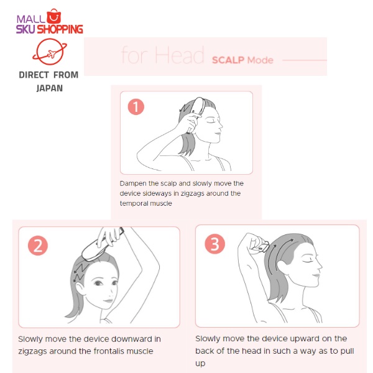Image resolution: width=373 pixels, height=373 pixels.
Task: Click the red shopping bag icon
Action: coord(53,16)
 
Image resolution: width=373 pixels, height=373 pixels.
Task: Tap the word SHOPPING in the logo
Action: coord(60,29)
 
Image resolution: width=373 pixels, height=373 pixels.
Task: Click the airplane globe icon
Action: coord(50,52)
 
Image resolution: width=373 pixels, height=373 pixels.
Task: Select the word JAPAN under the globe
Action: coord(50,88)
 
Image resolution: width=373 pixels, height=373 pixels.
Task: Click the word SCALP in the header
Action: coord(228,60)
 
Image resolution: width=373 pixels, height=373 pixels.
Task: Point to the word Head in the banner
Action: coord(180,55)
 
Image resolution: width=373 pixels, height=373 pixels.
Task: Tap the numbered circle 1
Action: coord(136,107)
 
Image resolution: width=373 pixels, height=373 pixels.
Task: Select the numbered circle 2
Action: coord(38,246)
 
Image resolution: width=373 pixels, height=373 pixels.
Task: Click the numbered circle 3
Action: coord(215,244)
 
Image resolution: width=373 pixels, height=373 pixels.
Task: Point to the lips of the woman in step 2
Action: coord(108,301)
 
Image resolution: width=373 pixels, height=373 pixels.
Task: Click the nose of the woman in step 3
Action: coord(320,265)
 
